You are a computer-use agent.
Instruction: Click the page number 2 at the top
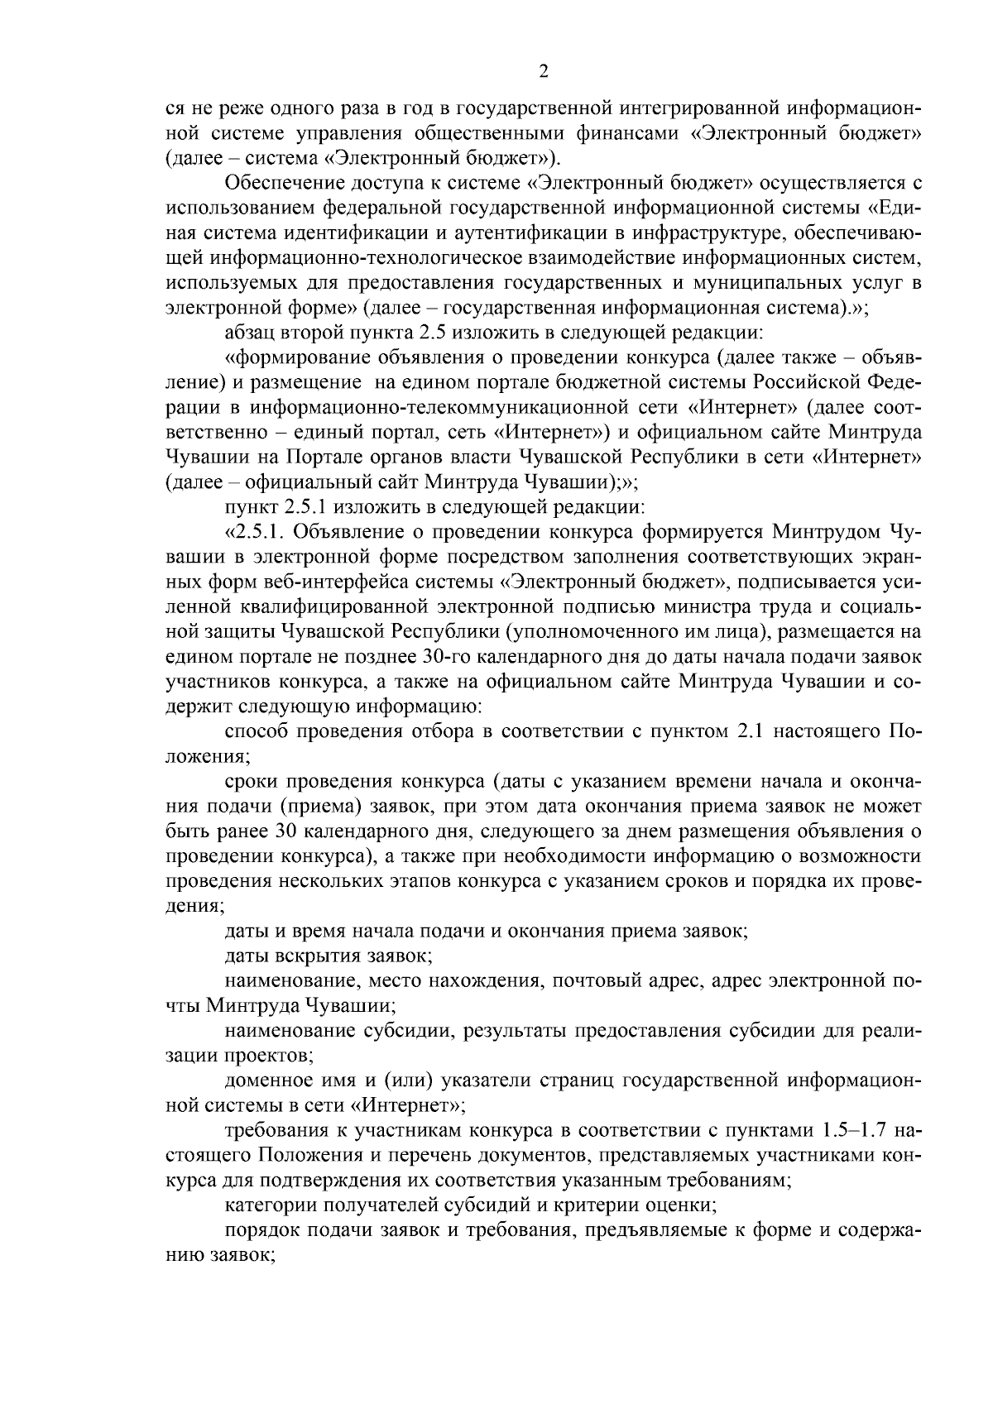(x=544, y=72)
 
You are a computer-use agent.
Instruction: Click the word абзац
(x=252, y=333)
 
